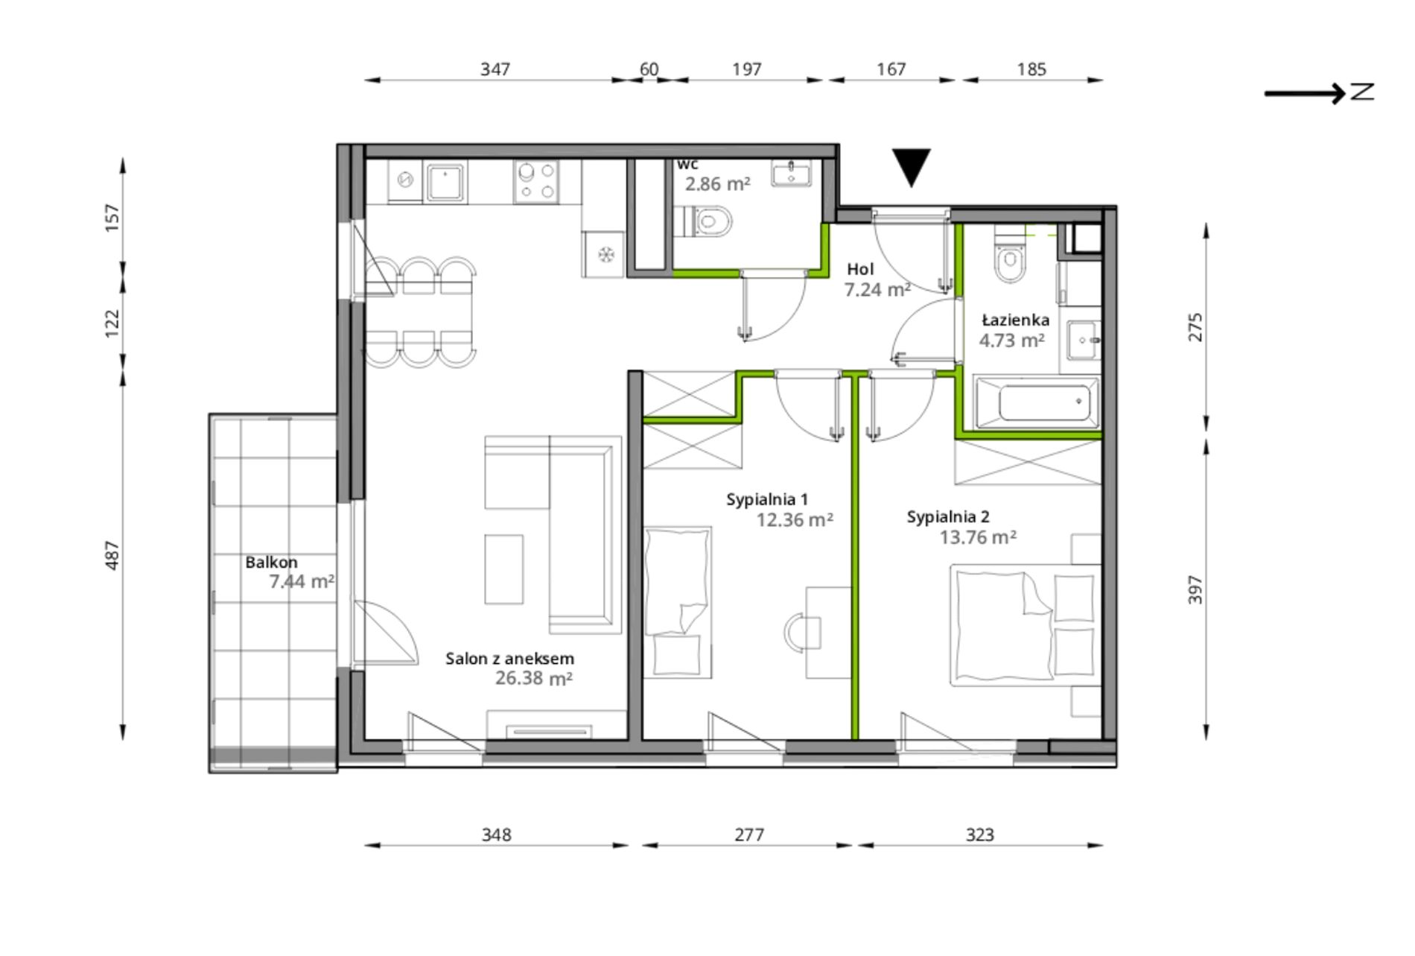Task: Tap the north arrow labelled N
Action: click(x=1319, y=92)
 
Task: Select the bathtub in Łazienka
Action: click(x=1037, y=403)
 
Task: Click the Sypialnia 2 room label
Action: click(x=948, y=516)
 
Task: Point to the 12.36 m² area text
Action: click(x=795, y=520)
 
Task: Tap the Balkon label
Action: click(x=271, y=562)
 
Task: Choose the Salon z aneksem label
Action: click(x=510, y=659)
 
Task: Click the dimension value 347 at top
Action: click(x=495, y=69)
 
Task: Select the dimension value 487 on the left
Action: click(x=112, y=556)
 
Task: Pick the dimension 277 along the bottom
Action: click(x=749, y=835)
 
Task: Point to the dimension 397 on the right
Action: click(x=1195, y=589)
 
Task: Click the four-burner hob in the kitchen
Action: click(x=536, y=182)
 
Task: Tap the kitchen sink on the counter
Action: click(x=445, y=183)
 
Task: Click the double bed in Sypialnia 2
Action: click(x=1026, y=624)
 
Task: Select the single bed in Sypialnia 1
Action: click(x=677, y=602)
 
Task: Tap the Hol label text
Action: click(x=860, y=269)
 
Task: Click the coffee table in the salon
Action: click(x=504, y=569)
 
